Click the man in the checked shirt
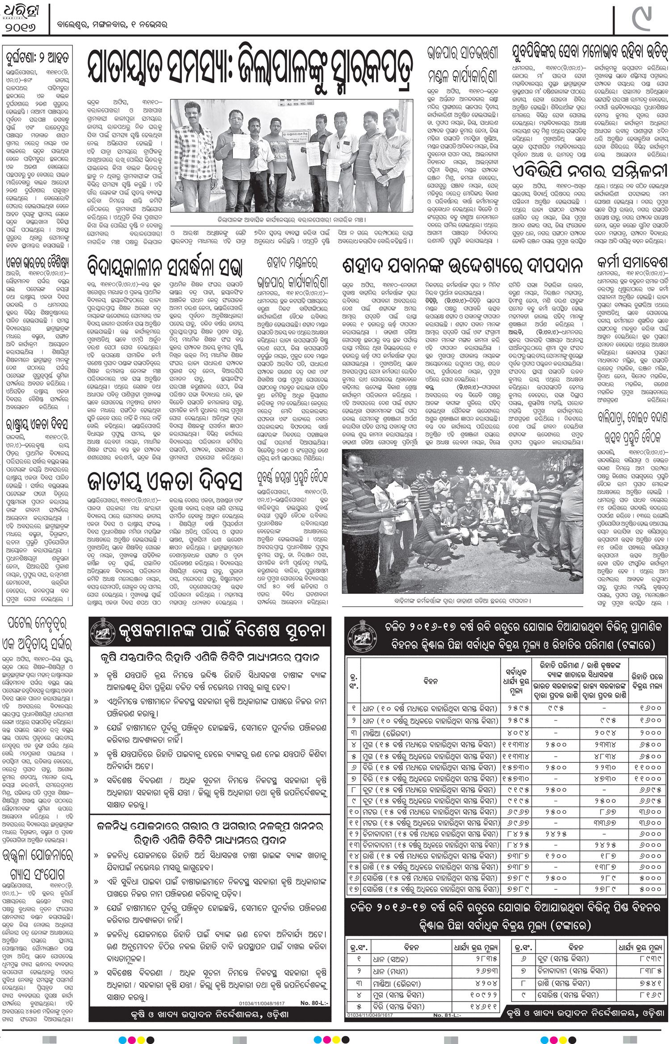[188, 156]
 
